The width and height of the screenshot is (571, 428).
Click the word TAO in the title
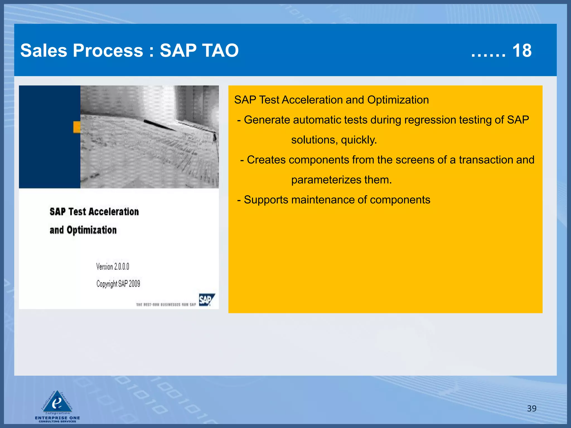(x=220, y=51)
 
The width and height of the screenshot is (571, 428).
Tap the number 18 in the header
(x=522, y=51)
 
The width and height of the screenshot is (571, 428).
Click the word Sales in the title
(x=44, y=51)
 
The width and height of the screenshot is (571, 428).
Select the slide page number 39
(x=532, y=408)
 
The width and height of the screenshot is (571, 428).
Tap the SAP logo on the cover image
(x=206, y=300)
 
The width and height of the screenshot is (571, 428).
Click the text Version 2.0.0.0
(x=113, y=267)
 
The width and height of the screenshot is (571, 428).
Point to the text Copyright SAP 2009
(x=118, y=284)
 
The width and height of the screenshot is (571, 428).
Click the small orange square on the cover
(x=77, y=127)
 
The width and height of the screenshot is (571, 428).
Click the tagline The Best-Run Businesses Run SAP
(x=166, y=305)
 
